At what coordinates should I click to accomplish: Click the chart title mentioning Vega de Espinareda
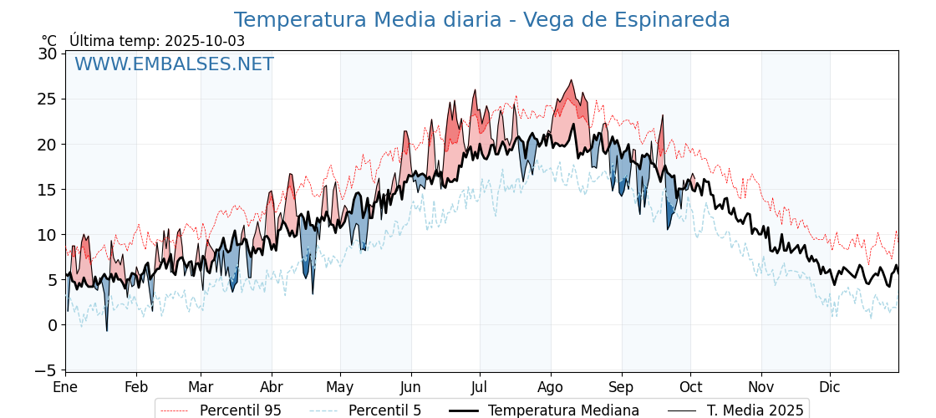[x=481, y=20]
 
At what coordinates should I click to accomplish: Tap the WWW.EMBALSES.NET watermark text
[x=174, y=64]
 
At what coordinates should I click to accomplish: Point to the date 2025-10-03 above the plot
[x=205, y=41]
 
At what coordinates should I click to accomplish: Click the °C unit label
[x=49, y=41]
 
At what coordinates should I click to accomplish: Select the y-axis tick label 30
[x=47, y=54]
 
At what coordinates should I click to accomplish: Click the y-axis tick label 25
[x=47, y=99]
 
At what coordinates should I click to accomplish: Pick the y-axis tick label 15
[x=47, y=190]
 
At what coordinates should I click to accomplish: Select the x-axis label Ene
[x=65, y=388]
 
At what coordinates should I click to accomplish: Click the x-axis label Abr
[x=272, y=388]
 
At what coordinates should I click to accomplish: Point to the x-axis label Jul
[x=480, y=388]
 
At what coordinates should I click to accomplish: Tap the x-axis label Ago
[x=551, y=388]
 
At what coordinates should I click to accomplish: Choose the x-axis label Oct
[x=690, y=388]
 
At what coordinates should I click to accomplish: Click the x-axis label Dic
[x=830, y=388]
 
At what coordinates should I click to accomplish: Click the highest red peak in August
[x=572, y=81]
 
